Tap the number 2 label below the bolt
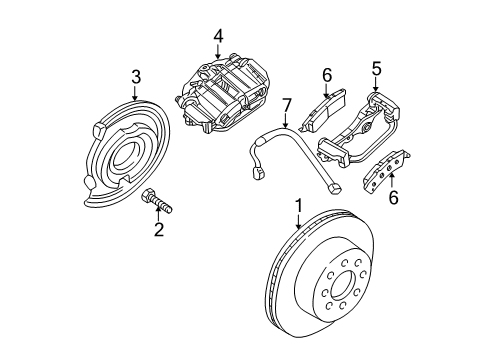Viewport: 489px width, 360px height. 157,230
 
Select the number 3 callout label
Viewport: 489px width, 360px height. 136,76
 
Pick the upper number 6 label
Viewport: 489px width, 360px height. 326,73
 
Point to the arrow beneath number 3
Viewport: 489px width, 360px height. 136,93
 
